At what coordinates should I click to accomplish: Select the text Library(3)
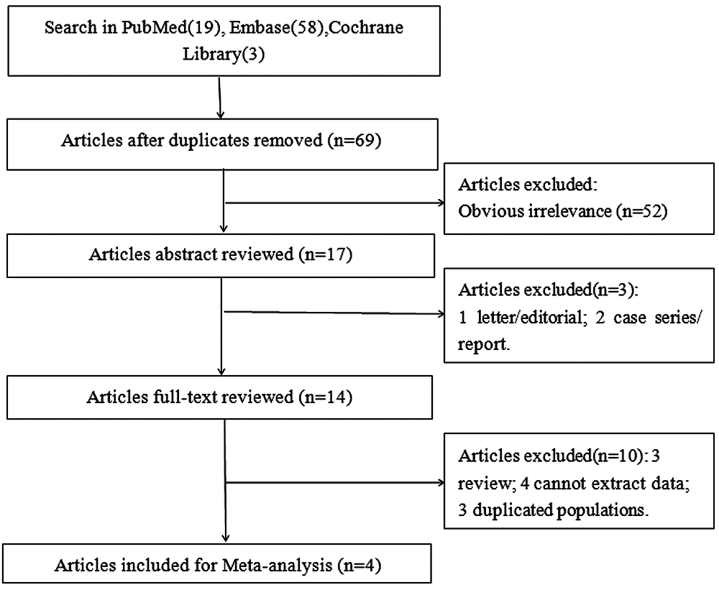pyautogui.click(x=224, y=54)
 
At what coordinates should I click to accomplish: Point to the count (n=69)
pyautogui.click(x=354, y=140)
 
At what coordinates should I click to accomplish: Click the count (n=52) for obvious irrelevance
pyautogui.click(x=641, y=211)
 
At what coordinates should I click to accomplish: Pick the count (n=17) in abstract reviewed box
pyautogui.click(x=326, y=254)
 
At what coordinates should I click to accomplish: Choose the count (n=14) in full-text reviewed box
pyautogui.click(x=325, y=397)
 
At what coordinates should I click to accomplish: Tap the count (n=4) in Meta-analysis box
pyautogui.click(x=359, y=566)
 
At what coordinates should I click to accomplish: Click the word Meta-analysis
pyautogui.click(x=277, y=566)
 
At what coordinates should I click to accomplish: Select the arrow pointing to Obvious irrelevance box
pyautogui.click(x=335, y=203)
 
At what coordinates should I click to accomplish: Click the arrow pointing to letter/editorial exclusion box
pyautogui.click(x=334, y=313)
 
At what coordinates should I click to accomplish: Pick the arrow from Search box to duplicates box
pyautogui.click(x=220, y=98)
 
